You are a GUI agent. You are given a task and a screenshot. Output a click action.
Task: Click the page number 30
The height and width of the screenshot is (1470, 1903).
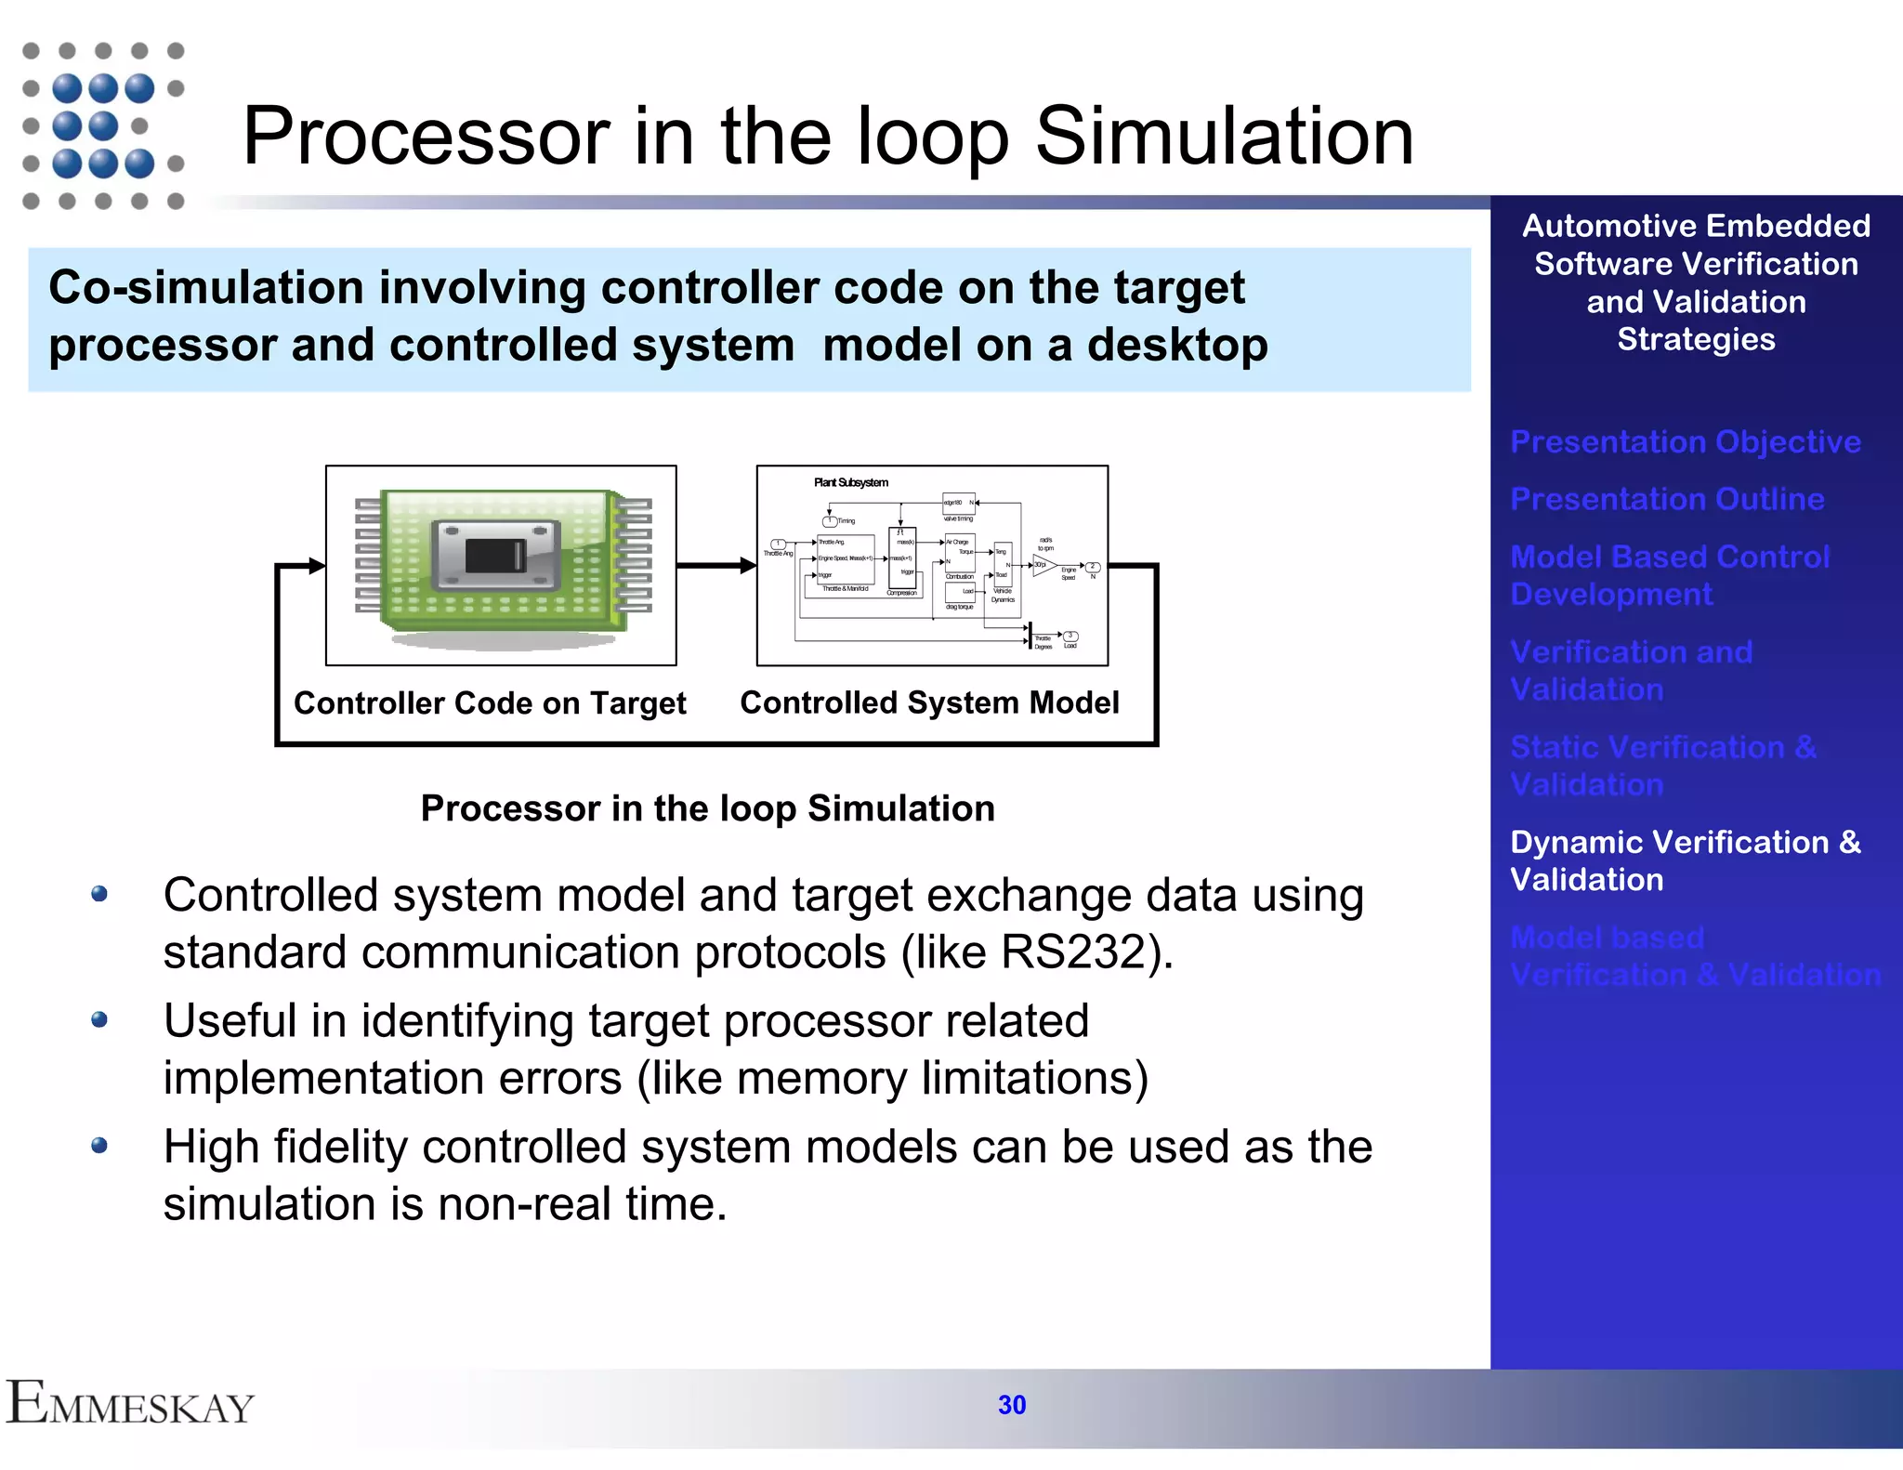1011,1405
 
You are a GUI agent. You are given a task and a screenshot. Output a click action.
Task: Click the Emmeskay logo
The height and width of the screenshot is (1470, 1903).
130,1403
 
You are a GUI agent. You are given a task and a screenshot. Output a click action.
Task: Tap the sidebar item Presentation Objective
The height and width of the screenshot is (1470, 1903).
1685,441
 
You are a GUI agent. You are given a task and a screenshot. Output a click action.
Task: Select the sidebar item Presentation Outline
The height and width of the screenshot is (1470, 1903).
1667,499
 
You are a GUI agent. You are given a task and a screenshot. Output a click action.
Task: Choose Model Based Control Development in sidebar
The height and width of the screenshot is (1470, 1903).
1669,575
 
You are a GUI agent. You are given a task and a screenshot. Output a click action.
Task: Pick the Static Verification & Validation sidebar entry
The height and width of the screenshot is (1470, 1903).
1662,765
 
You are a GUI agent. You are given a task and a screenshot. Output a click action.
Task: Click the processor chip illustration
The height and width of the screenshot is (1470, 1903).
503,566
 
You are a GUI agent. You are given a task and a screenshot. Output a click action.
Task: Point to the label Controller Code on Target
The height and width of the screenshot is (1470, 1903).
490,703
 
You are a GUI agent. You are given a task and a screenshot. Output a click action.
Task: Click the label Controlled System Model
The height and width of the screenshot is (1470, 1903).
929,702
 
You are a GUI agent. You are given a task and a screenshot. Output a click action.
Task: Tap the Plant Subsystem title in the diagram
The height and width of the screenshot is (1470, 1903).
850,482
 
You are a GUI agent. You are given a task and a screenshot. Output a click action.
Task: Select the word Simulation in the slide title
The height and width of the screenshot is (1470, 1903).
1224,137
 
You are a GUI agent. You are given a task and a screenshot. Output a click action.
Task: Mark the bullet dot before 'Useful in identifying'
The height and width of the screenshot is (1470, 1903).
99,1020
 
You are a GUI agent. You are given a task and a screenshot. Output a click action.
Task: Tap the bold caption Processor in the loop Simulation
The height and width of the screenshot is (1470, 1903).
707,808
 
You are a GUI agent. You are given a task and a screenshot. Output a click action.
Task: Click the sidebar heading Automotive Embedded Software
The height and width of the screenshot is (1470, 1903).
1695,244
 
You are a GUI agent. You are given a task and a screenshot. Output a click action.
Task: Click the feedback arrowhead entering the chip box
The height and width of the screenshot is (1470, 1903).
317,565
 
